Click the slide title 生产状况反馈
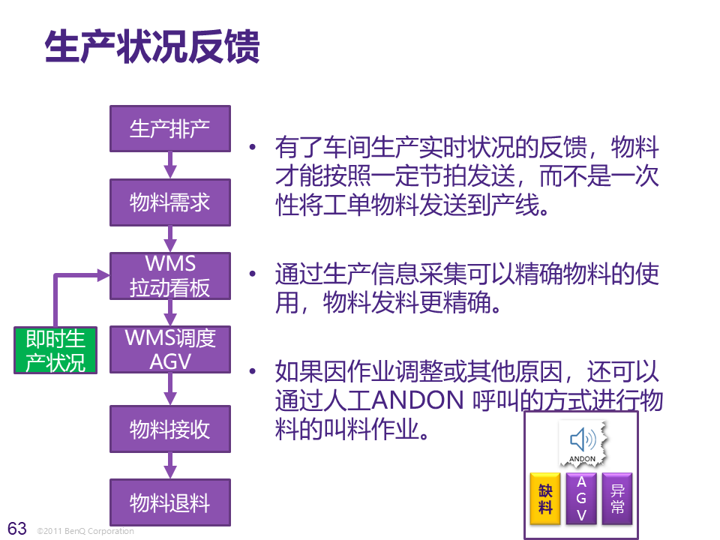(x=152, y=47)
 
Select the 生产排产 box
(x=170, y=128)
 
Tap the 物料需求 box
(x=170, y=202)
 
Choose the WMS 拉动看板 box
(x=170, y=276)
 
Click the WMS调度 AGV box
(x=170, y=349)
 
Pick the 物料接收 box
(x=170, y=429)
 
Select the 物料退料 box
(x=170, y=502)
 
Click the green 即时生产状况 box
(x=56, y=350)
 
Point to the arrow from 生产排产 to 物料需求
(x=170, y=165)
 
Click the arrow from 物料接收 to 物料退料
(x=170, y=466)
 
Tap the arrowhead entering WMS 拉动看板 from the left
(x=103, y=275)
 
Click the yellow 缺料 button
(x=545, y=498)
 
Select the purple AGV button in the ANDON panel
(x=582, y=498)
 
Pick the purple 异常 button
(x=618, y=498)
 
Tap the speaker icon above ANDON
(x=582, y=439)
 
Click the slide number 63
(x=16, y=528)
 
